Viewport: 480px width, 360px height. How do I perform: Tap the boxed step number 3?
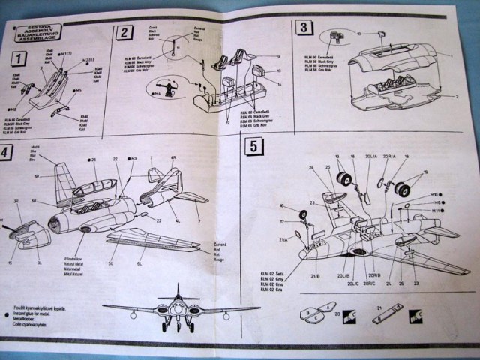[303, 29]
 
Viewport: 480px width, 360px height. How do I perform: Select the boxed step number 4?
[6, 151]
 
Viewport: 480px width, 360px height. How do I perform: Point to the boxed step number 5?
[255, 148]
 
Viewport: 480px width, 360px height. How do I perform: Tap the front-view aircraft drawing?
[178, 309]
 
